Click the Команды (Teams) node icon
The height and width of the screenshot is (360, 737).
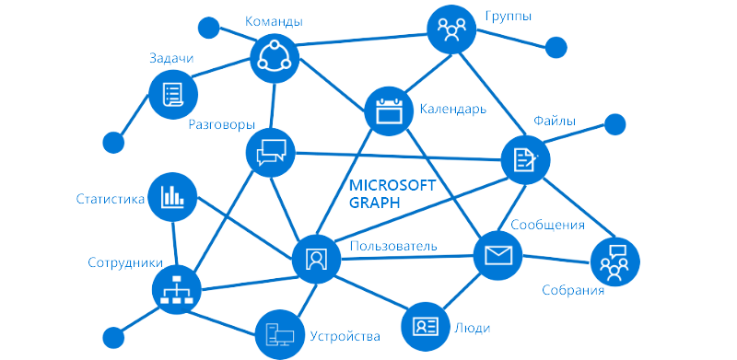275,58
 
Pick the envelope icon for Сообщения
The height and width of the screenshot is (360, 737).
498,255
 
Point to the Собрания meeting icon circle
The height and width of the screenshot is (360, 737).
614,261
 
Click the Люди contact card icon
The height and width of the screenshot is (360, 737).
426,326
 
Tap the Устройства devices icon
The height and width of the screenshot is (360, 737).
279,334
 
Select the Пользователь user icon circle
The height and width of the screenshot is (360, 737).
316,258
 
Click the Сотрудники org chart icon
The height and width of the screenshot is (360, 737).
174,291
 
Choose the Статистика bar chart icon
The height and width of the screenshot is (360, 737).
172,195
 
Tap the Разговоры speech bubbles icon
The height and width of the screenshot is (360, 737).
272,151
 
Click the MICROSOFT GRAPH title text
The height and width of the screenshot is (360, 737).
392,194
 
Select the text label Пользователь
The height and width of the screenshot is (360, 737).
392,246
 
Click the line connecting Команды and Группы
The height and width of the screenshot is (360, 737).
364,43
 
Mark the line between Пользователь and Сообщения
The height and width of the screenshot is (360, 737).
405,257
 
